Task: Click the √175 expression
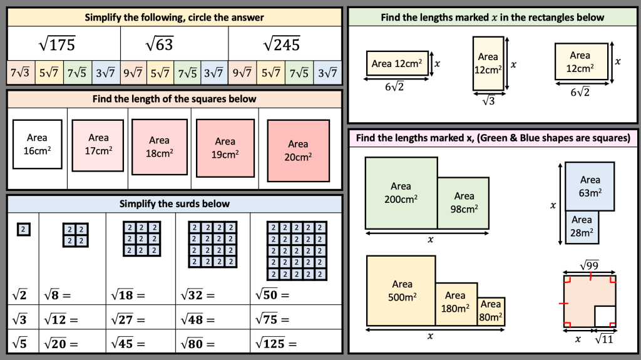click(x=57, y=44)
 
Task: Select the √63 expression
click(x=159, y=44)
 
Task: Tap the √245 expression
click(x=281, y=44)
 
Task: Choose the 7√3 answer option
click(x=20, y=73)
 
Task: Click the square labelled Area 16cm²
click(x=37, y=143)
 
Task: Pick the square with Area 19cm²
click(x=225, y=148)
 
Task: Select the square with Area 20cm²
click(x=298, y=150)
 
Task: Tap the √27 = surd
click(x=127, y=319)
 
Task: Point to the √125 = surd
click(x=276, y=343)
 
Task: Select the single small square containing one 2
click(x=23, y=230)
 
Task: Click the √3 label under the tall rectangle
click(x=488, y=100)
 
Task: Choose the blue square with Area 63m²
click(x=589, y=186)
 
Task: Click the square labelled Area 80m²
click(x=491, y=311)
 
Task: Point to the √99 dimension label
click(x=589, y=266)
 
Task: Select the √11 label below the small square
click(x=603, y=339)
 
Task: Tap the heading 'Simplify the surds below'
click(x=175, y=203)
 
